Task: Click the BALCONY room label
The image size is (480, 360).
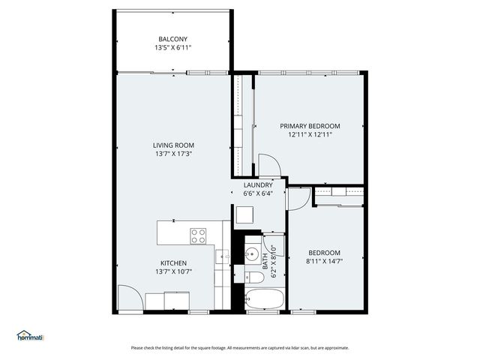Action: [172, 39]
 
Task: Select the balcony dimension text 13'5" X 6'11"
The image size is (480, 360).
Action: [172, 47]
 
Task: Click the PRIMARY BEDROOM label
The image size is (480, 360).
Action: [310, 126]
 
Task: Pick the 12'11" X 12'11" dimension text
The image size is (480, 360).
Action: [310, 135]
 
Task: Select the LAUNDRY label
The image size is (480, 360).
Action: [258, 184]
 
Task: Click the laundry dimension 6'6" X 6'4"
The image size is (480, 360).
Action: [258, 193]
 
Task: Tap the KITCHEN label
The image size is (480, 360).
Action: [173, 263]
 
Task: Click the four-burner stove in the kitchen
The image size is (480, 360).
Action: [199, 236]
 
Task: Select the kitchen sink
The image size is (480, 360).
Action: [223, 258]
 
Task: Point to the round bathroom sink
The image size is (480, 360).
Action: [253, 252]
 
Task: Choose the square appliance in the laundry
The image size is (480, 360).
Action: [245, 215]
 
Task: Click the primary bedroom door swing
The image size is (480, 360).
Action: [268, 164]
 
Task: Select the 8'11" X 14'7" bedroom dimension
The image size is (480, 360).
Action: [323, 262]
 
